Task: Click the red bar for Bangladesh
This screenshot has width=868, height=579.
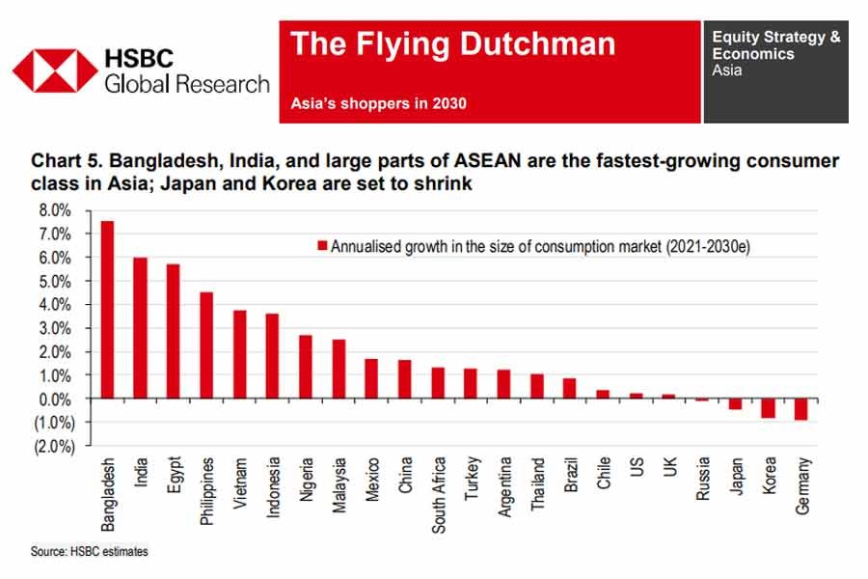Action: click(107, 310)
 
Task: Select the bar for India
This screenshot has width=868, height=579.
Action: click(140, 328)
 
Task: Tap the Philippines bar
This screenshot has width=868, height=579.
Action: click(206, 345)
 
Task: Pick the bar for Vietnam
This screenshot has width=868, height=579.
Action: click(239, 354)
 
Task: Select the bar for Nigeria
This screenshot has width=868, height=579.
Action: click(305, 367)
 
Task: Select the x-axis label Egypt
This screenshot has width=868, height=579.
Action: click(174, 476)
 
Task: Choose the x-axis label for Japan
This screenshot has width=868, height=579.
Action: click(735, 475)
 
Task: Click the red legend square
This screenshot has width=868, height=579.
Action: click(324, 246)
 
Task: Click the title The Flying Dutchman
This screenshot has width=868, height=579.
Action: click(452, 44)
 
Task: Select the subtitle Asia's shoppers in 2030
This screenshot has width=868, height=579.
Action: click(378, 103)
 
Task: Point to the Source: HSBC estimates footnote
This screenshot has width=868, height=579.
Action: click(89, 552)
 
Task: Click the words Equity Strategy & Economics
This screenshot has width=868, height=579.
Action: click(775, 45)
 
